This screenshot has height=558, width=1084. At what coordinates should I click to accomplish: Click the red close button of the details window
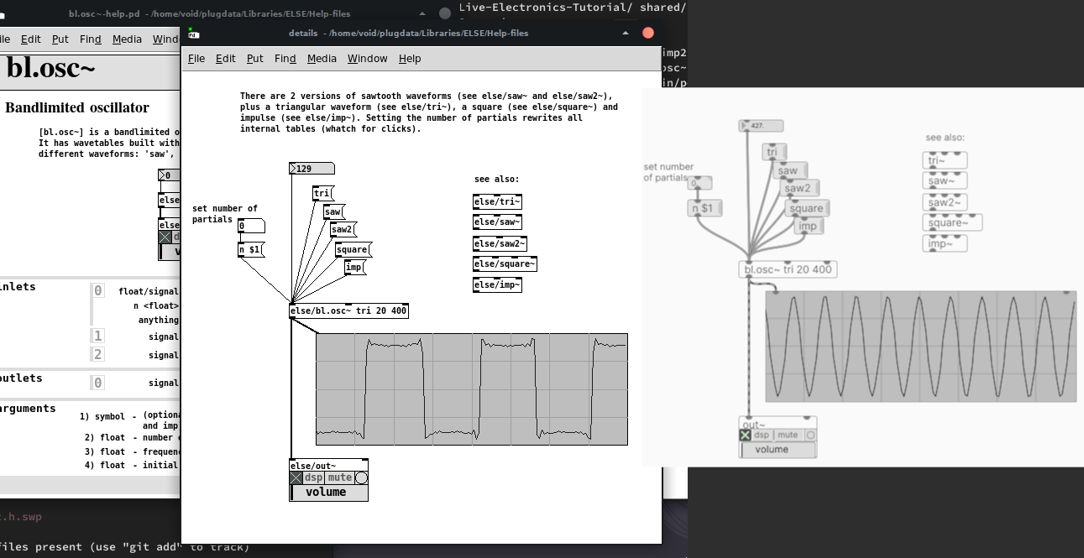click(x=648, y=33)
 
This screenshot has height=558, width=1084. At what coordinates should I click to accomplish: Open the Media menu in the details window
click(x=322, y=59)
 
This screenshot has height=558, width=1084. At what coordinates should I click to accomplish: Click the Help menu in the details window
click(x=410, y=59)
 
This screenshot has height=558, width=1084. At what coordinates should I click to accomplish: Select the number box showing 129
click(x=311, y=169)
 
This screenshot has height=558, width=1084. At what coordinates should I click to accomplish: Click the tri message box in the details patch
click(x=322, y=194)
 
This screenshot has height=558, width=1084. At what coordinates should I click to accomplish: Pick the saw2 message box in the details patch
click(x=342, y=230)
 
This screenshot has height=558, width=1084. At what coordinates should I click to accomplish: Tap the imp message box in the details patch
click(x=354, y=268)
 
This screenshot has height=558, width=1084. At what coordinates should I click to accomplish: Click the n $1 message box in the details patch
click(x=250, y=250)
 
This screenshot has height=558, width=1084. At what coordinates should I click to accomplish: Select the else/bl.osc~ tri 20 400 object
click(x=348, y=311)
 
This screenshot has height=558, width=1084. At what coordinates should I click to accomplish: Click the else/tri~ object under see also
click(x=497, y=201)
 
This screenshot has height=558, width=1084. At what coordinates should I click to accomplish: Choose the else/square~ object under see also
click(x=505, y=264)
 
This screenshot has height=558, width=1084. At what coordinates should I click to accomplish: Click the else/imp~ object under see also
click(x=497, y=285)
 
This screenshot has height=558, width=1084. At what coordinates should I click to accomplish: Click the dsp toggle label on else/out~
click(x=314, y=477)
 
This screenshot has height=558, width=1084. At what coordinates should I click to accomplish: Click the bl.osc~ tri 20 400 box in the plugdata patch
click(x=788, y=269)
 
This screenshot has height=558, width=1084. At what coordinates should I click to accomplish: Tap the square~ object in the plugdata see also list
click(x=952, y=222)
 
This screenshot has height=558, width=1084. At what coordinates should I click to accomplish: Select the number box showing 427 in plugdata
click(x=761, y=126)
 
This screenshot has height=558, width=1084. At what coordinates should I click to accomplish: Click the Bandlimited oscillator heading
click(x=77, y=107)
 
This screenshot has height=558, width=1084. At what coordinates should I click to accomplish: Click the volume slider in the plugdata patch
click(x=778, y=450)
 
